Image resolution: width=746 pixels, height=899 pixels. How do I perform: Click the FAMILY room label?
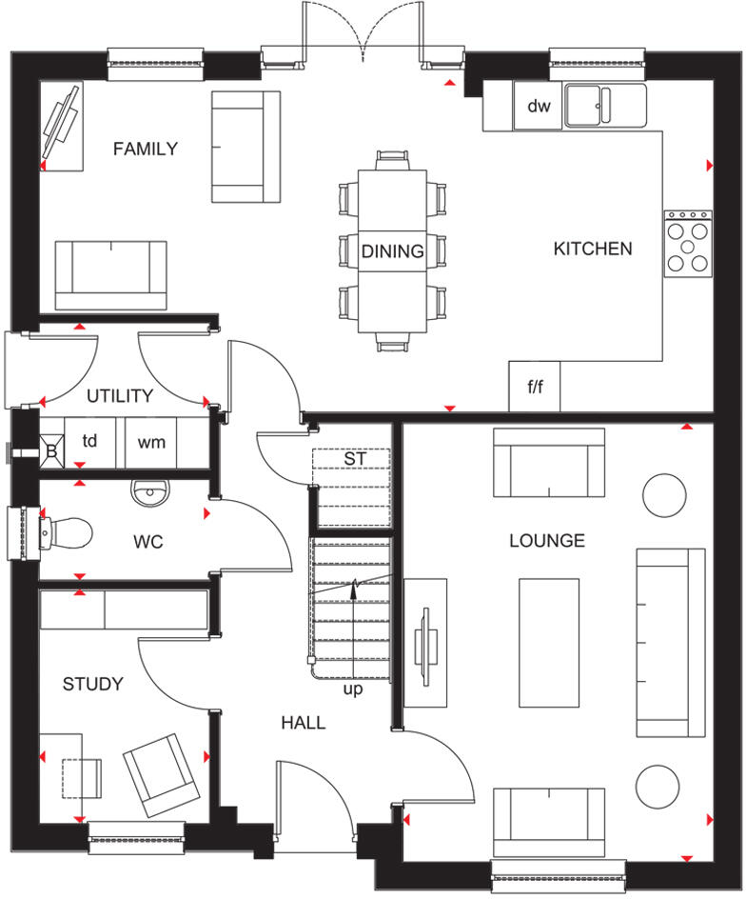coord(145,149)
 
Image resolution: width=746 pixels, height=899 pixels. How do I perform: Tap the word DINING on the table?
coord(392,251)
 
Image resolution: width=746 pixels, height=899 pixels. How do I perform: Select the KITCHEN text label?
coord(593,249)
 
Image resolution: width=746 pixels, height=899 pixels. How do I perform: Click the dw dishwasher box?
coord(539,106)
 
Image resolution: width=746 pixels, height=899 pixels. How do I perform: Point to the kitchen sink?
coord(604,105)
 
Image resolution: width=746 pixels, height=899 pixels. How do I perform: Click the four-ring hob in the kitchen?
coord(687,245)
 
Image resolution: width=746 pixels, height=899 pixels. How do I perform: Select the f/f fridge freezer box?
coord(535,388)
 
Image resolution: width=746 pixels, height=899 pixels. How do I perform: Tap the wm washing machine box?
coord(151,442)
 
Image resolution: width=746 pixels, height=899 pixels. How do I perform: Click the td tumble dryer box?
coord(89,442)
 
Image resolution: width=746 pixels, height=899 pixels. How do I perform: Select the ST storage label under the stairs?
coord(354,459)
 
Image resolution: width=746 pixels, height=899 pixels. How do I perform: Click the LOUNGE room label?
coord(546,541)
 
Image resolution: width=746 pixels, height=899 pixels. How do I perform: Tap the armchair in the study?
coord(163,774)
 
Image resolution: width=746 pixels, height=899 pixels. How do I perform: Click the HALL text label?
coord(303,723)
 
